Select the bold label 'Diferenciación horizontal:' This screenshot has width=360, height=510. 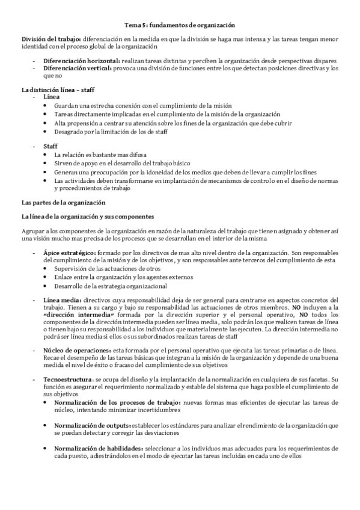pos(82,61)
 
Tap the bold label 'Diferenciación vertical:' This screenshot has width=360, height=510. pos(78,69)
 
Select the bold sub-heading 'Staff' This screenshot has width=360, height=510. pos(50,146)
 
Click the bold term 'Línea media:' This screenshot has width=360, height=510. pos(61,300)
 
